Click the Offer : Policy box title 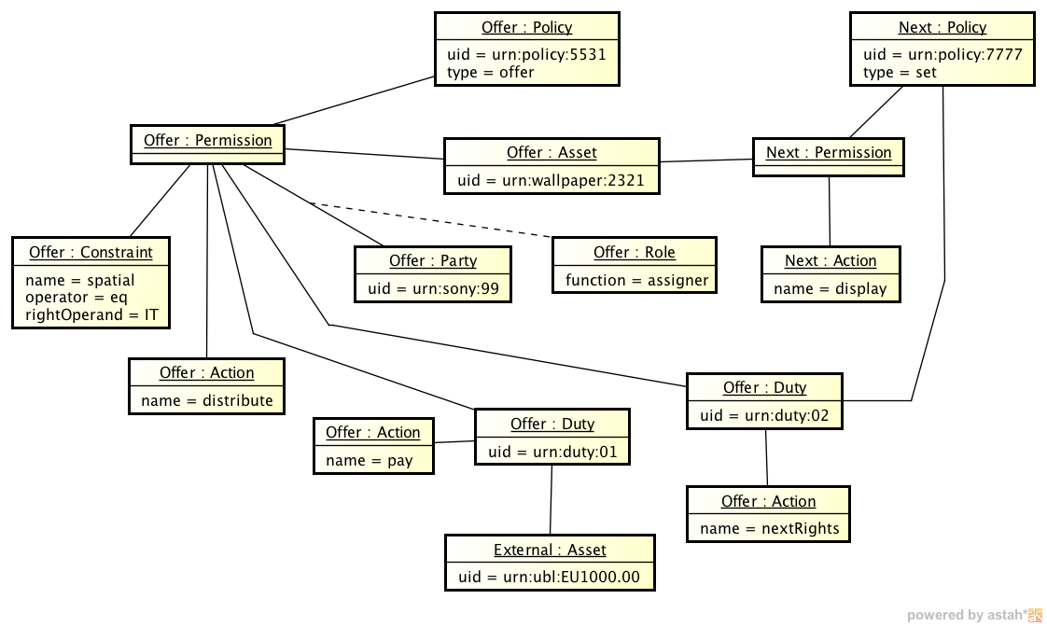click(526, 28)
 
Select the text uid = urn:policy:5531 click(526, 54)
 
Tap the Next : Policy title click(942, 28)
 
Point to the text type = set click(900, 72)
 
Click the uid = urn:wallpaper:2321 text click(551, 180)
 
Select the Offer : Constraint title click(91, 253)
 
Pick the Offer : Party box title click(433, 261)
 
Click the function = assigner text click(636, 280)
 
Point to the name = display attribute click(831, 288)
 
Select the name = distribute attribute click(206, 400)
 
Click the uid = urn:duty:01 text click(552, 452)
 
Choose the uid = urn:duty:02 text click(764, 415)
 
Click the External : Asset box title click(550, 550)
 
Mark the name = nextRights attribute click(769, 529)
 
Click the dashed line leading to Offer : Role click(429, 221)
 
